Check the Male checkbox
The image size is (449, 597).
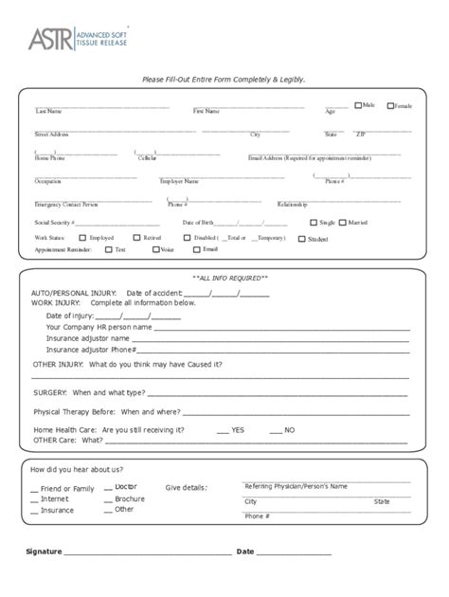tap(358, 104)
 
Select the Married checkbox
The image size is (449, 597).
tap(343, 222)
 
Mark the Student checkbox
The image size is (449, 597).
tap(301, 239)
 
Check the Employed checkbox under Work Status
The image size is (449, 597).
tap(82, 238)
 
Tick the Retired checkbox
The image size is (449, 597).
tap(137, 238)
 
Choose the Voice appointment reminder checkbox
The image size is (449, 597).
tap(154, 249)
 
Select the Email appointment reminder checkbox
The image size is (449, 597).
tap(196, 249)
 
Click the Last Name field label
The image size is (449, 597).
tap(48, 112)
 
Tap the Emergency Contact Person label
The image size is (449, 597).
tap(66, 204)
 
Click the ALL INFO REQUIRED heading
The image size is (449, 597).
tap(230, 278)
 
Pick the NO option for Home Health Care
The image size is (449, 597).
tap(289, 429)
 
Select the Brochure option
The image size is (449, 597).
tap(129, 498)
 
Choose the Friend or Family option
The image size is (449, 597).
tap(66, 488)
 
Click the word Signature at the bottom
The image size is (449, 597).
tap(44, 552)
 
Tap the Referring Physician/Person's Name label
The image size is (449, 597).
tap(296, 486)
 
